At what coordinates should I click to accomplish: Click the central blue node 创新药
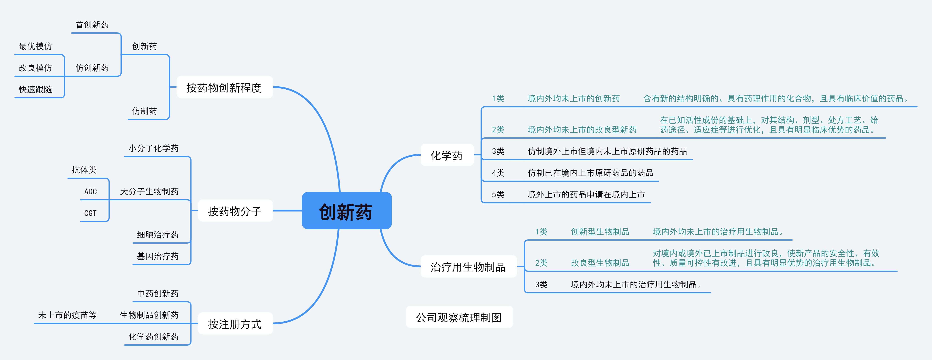(x=346, y=211)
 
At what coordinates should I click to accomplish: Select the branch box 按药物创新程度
(x=224, y=87)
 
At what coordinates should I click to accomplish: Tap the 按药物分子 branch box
(x=235, y=211)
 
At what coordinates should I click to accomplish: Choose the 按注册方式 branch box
(x=235, y=324)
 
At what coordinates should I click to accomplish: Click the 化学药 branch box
(x=446, y=155)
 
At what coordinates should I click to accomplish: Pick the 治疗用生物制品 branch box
(x=468, y=267)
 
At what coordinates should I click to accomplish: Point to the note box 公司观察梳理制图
(x=459, y=317)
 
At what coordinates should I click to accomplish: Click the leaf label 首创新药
(x=92, y=25)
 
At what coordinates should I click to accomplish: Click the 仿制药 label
(x=144, y=111)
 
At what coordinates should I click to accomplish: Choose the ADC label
(x=90, y=191)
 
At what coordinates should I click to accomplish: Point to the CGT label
(x=90, y=213)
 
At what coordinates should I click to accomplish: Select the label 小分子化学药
(x=153, y=148)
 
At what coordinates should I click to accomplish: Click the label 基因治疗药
(x=157, y=256)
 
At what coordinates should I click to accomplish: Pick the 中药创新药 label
(x=157, y=293)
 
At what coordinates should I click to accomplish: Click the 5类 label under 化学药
(x=498, y=194)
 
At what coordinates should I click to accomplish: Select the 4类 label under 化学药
(x=498, y=173)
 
